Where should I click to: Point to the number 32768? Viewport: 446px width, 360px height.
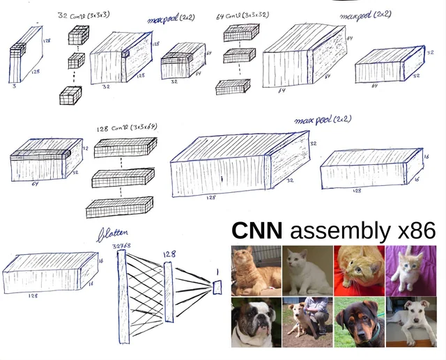tap(121, 246)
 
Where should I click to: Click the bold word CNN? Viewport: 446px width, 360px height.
tap(256, 230)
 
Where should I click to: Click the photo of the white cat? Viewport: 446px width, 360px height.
tap(307, 270)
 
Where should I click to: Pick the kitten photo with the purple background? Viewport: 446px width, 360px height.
tap(410, 270)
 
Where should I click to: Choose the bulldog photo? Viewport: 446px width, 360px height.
tap(256, 322)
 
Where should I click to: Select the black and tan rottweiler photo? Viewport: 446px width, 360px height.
tap(359, 322)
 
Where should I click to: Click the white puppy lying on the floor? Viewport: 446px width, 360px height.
tap(410, 322)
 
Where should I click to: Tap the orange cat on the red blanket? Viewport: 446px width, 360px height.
tap(359, 270)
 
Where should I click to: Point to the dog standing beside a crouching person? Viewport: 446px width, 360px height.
tap(307, 322)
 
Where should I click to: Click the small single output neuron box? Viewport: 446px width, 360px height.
tap(217, 286)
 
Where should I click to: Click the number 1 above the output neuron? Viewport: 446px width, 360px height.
tap(217, 271)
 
